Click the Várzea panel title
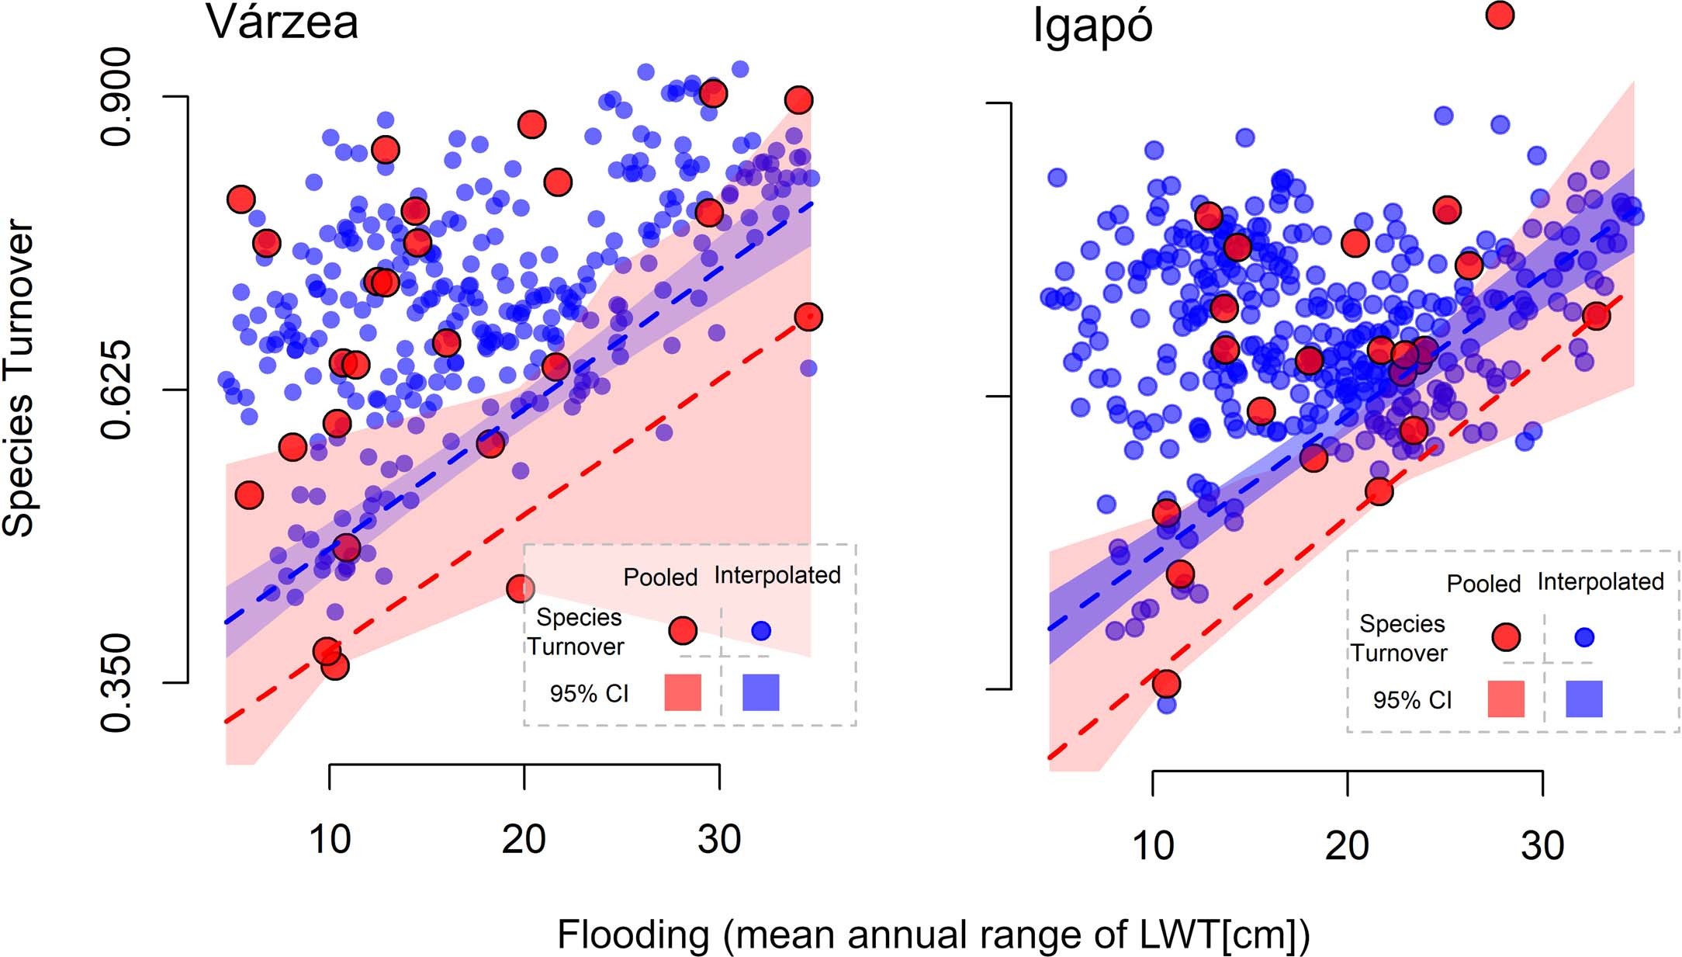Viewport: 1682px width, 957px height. point(282,23)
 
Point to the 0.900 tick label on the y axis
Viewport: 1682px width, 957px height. point(116,96)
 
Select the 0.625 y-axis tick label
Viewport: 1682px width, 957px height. point(116,390)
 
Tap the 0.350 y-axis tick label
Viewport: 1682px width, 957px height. point(116,683)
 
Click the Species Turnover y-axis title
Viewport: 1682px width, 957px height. point(19,379)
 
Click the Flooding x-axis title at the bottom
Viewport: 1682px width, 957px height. point(933,934)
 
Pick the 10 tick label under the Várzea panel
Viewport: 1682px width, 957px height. point(330,840)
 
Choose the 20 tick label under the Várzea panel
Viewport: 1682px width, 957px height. point(524,840)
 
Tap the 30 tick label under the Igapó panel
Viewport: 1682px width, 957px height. point(1542,846)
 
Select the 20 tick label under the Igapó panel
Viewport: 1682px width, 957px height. point(1348,846)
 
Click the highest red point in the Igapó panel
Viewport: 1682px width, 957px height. point(1500,15)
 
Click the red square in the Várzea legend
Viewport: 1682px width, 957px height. point(683,692)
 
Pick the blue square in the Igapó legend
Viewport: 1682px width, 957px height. point(1583,699)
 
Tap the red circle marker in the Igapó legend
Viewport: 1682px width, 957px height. point(1506,637)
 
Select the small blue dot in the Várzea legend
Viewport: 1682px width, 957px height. point(761,631)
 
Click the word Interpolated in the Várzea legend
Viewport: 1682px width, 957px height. point(777,575)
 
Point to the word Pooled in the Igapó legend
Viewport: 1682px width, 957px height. point(1483,584)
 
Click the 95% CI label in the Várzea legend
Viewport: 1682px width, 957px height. point(589,693)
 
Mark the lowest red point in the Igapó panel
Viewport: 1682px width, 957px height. point(1166,684)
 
